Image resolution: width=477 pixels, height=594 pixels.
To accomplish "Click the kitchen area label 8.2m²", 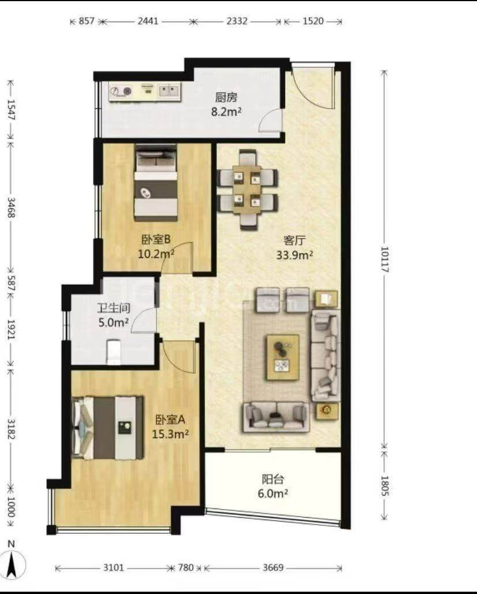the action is [226, 112].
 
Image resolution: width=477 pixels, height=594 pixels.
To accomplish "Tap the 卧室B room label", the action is [156, 239].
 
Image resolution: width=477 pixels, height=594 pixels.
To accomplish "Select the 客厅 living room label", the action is [294, 240].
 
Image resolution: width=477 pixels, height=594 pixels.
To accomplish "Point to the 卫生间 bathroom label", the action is [114, 307].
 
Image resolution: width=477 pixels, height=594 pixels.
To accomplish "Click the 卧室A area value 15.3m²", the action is [170, 434].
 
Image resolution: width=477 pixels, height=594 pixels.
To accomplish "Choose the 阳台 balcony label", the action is [273, 479].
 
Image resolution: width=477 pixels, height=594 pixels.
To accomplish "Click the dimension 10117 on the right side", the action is [384, 259].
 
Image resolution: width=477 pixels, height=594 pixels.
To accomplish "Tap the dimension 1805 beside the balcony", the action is [384, 486].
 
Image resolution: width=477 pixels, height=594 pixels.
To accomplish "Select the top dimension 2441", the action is [148, 21].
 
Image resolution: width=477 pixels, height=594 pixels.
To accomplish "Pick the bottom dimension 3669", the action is [273, 567].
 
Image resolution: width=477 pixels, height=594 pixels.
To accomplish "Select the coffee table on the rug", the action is [283, 357].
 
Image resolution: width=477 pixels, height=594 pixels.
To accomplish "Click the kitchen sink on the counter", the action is [169, 91].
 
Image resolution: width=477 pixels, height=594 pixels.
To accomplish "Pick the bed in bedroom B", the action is [156, 183].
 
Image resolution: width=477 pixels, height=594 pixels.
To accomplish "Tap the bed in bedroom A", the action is [108, 428].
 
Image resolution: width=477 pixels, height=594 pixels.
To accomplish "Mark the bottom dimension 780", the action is [186, 567].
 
